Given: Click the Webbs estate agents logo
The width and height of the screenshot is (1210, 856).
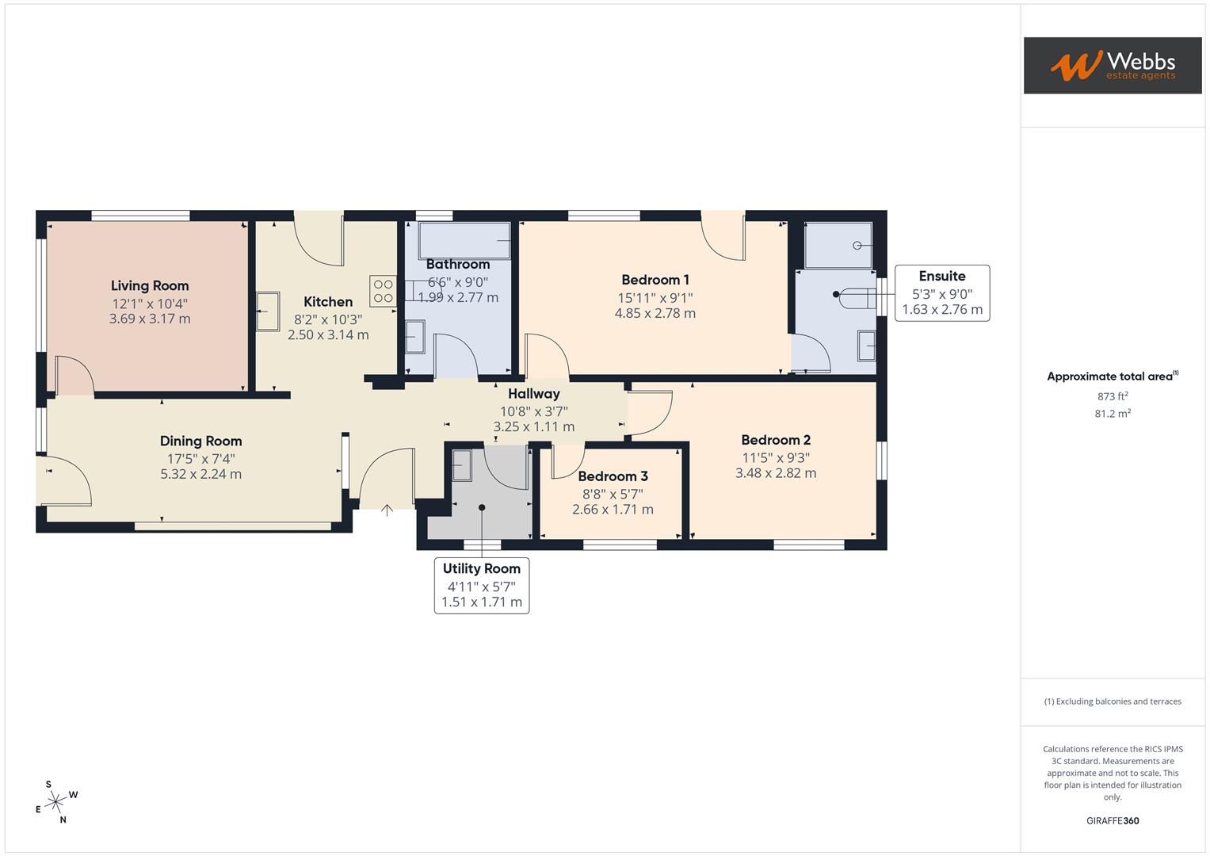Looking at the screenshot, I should click(x=1112, y=65).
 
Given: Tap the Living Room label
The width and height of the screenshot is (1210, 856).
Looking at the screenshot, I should click(x=150, y=286).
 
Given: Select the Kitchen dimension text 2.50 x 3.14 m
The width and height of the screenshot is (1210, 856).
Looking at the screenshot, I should click(x=328, y=334).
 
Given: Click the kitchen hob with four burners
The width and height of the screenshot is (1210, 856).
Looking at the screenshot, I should click(x=383, y=291).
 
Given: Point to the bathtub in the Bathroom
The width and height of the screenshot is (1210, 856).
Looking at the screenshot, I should click(x=464, y=240).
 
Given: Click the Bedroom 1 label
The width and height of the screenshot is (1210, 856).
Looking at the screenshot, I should click(x=655, y=280).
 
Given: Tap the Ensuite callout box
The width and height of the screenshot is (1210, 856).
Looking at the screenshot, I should click(x=941, y=292).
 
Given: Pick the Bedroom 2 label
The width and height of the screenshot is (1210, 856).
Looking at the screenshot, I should click(x=775, y=440).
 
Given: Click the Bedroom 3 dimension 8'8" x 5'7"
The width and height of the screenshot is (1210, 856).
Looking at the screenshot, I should click(x=613, y=493).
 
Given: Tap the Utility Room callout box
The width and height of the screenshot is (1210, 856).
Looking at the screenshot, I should click(x=481, y=585).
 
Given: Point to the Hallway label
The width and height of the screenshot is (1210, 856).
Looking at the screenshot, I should click(x=533, y=394).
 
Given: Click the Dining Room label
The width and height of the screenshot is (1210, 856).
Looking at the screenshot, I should click(x=200, y=441).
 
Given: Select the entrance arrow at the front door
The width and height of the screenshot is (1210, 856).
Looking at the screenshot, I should click(x=387, y=510).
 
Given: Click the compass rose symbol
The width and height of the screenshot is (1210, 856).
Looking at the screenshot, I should click(x=55, y=803).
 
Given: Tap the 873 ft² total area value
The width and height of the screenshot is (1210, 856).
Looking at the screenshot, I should click(x=1112, y=396).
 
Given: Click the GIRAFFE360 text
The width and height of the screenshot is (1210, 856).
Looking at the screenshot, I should click(x=1112, y=820).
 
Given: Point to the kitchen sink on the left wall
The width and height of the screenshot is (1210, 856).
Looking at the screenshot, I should click(x=267, y=311).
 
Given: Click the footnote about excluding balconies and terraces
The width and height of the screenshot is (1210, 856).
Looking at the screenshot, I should click(x=1112, y=701).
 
